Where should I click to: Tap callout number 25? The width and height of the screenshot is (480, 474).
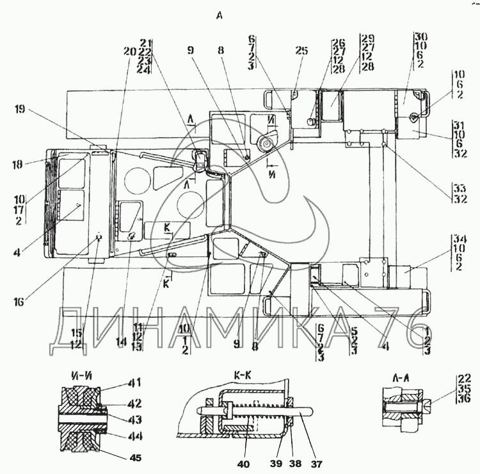[302, 50]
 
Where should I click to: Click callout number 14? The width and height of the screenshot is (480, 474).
[121, 343]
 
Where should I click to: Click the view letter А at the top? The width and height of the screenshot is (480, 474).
[220, 16]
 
